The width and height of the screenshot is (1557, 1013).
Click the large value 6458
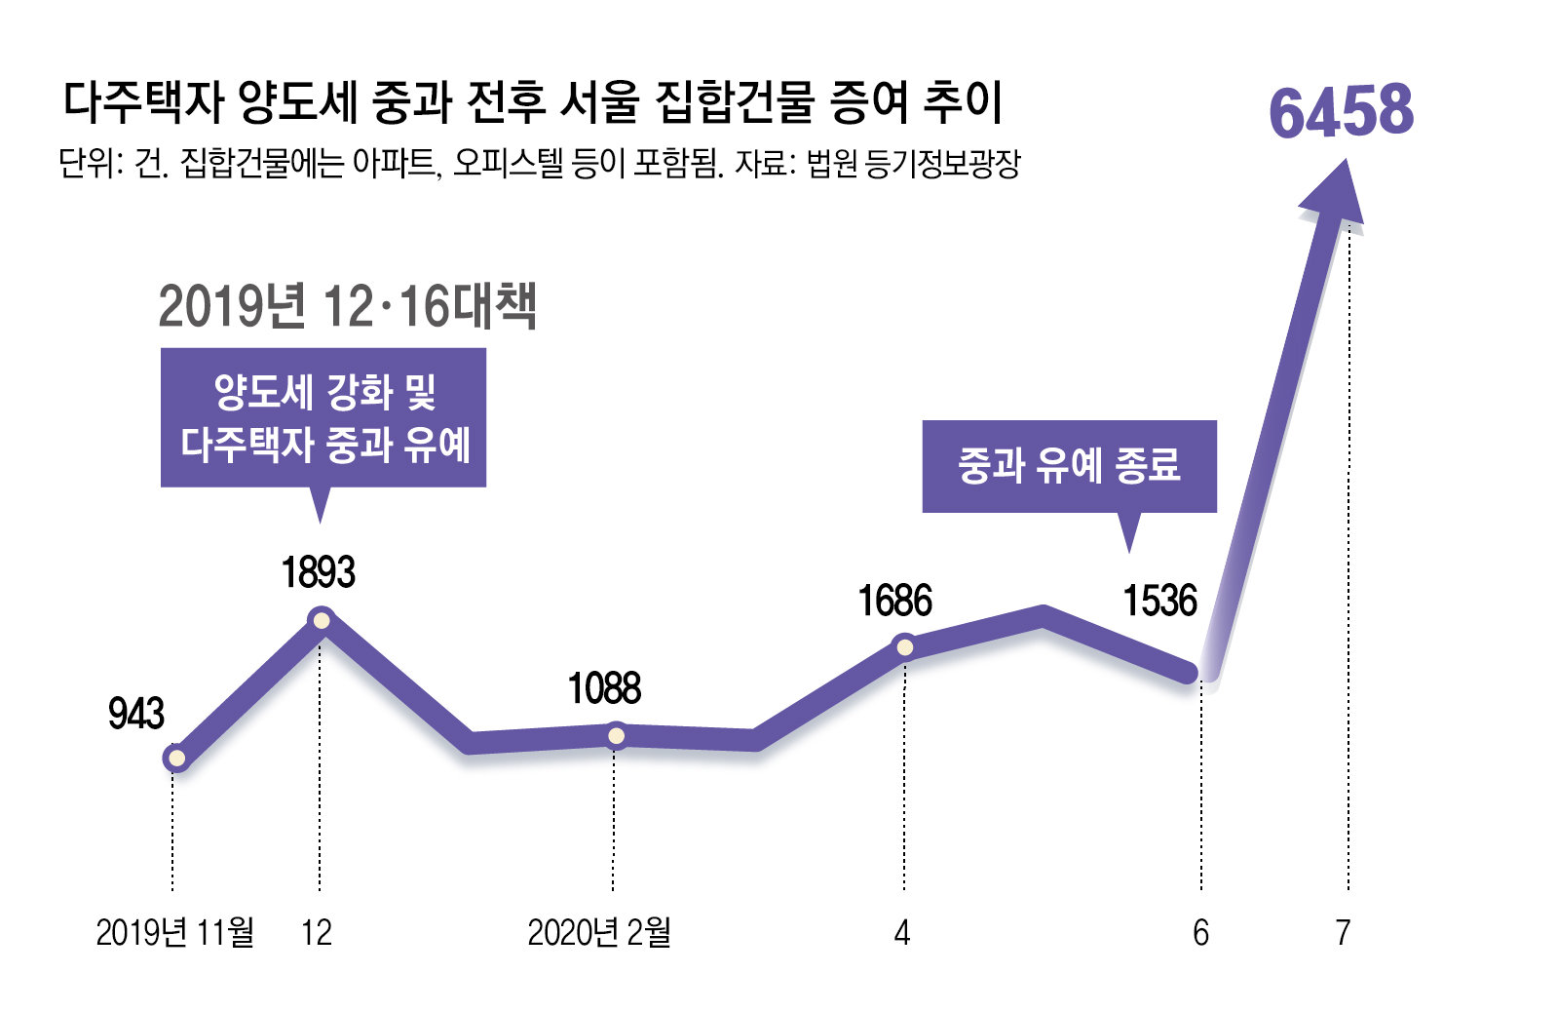(x=1341, y=111)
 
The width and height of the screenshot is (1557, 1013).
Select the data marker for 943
(x=175, y=758)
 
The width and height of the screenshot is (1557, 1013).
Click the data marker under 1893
(x=321, y=620)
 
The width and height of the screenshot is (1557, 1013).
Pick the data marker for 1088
(x=616, y=735)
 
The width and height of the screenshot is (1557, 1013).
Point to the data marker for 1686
(x=904, y=646)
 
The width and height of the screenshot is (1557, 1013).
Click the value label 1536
(x=1159, y=602)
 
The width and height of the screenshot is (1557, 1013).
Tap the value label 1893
(x=319, y=572)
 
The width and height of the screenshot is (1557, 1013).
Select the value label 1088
(x=604, y=689)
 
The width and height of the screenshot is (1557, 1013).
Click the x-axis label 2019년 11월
(x=174, y=933)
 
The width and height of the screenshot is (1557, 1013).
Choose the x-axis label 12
(x=317, y=933)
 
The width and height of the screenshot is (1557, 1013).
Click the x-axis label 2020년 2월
(x=598, y=933)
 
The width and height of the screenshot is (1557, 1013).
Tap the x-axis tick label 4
(x=902, y=933)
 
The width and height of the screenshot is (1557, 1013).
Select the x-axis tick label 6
(x=1200, y=933)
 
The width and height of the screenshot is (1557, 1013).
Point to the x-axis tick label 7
(x=1344, y=933)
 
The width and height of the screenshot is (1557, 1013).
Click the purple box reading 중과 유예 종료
(x=1069, y=466)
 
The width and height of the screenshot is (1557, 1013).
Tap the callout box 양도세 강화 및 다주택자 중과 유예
(x=323, y=417)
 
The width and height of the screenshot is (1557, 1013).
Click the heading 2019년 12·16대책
(x=347, y=307)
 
